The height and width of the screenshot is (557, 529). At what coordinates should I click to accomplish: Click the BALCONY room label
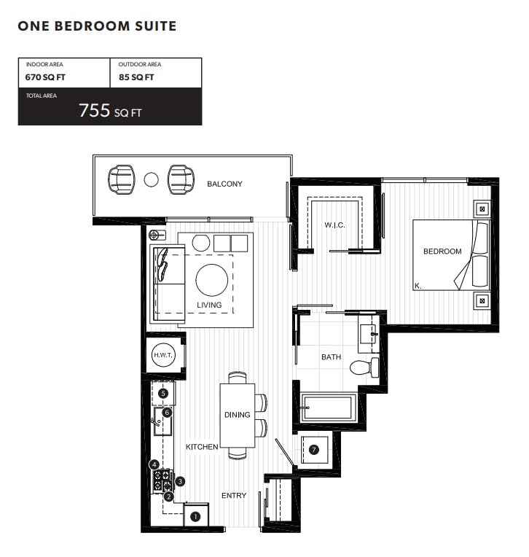(x=224, y=184)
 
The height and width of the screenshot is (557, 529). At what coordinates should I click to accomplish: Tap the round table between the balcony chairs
(x=151, y=180)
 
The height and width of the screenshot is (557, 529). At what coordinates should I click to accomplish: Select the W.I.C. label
(x=334, y=225)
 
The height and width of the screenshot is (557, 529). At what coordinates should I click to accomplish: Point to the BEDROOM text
(x=442, y=252)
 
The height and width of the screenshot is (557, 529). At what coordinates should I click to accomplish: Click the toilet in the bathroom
(x=364, y=367)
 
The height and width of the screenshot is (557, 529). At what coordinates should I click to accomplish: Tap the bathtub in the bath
(x=328, y=408)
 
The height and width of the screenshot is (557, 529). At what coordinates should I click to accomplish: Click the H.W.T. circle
(x=163, y=355)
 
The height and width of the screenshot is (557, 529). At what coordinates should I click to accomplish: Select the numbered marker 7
(x=314, y=450)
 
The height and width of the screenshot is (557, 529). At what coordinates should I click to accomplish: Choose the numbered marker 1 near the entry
(x=195, y=517)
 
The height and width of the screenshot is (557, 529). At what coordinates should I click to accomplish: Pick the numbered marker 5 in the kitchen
(x=163, y=393)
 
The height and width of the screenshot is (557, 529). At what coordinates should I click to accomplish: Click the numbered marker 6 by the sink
(x=167, y=413)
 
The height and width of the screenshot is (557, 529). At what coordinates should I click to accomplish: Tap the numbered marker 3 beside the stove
(x=181, y=481)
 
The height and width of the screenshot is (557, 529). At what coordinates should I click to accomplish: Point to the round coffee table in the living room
(x=211, y=280)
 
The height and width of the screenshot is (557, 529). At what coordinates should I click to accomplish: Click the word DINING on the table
(x=237, y=415)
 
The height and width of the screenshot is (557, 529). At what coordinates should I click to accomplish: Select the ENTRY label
(x=234, y=496)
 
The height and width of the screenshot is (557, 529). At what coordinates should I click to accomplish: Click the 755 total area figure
(x=95, y=110)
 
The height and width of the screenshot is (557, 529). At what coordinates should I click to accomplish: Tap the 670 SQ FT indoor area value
(x=45, y=77)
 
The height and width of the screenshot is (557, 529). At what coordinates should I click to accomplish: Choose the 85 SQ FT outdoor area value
(x=136, y=77)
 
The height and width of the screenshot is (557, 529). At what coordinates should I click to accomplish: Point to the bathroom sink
(x=368, y=334)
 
